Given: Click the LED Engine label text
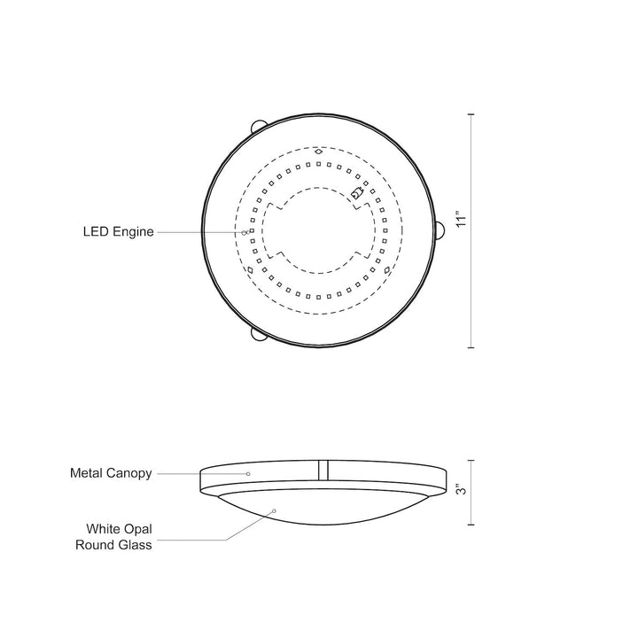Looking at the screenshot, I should click(119, 232).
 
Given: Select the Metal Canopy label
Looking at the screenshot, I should click(112, 474).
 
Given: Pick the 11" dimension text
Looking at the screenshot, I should click(458, 220).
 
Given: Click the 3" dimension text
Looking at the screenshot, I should click(458, 490).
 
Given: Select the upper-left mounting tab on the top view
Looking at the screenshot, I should click(258, 125).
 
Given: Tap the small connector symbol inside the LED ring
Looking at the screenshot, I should click(357, 193).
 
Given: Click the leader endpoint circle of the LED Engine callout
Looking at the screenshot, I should click(246, 232).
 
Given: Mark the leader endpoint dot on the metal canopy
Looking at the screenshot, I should click(248, 474).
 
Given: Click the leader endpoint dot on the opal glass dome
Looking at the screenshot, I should click(276, 510).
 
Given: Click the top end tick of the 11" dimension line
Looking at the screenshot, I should click(471, 116).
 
